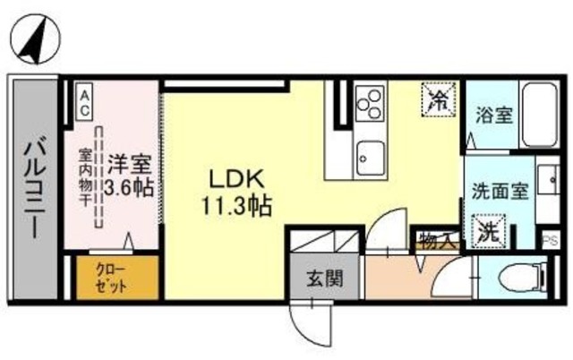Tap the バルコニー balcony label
tap(34, 186)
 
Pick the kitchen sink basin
tap(368, 152)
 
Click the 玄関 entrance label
tap(315, 279)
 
